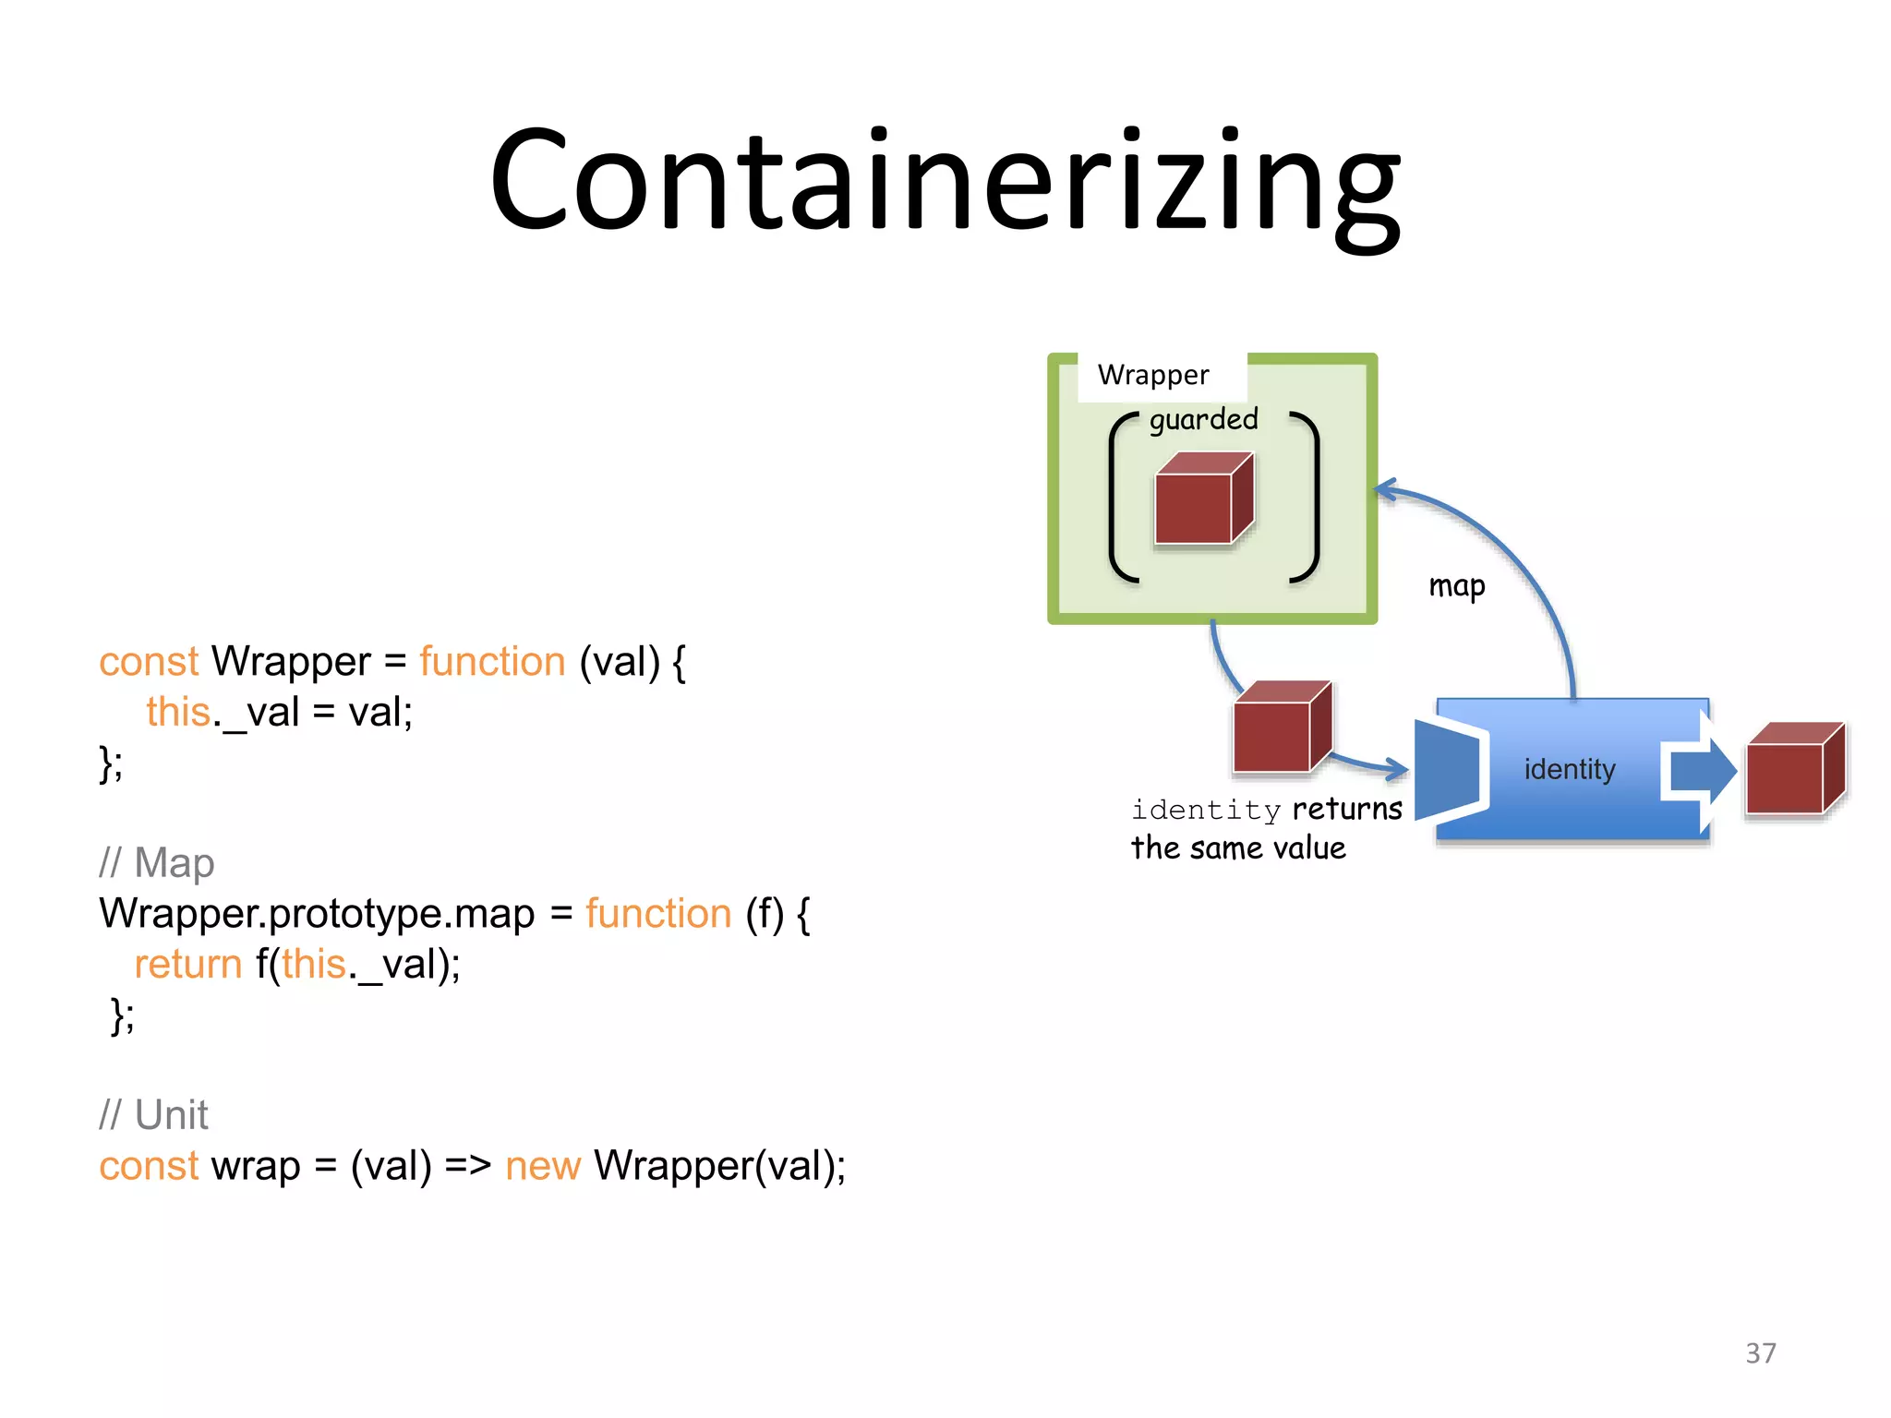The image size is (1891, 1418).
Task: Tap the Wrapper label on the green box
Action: (1153, 375)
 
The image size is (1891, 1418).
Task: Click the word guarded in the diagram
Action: (1203, 420)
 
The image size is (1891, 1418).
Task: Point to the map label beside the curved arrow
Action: (1456, 586)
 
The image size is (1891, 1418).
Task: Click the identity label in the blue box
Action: (1569, 769)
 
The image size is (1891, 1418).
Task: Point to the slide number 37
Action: (1760, 1353)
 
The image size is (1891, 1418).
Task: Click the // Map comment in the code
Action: (157, 863)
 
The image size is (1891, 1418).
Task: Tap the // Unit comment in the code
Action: (153, 1115)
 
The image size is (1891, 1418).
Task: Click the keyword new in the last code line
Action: (543, 1166)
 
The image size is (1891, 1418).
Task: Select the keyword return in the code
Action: (188, 965)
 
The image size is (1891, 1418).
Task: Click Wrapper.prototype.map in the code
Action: (317, 914)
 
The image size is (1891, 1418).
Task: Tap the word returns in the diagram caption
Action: (1347, 809)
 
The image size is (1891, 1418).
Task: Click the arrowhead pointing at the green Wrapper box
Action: (1384, 490)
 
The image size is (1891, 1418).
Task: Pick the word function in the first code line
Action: (492, 662)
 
